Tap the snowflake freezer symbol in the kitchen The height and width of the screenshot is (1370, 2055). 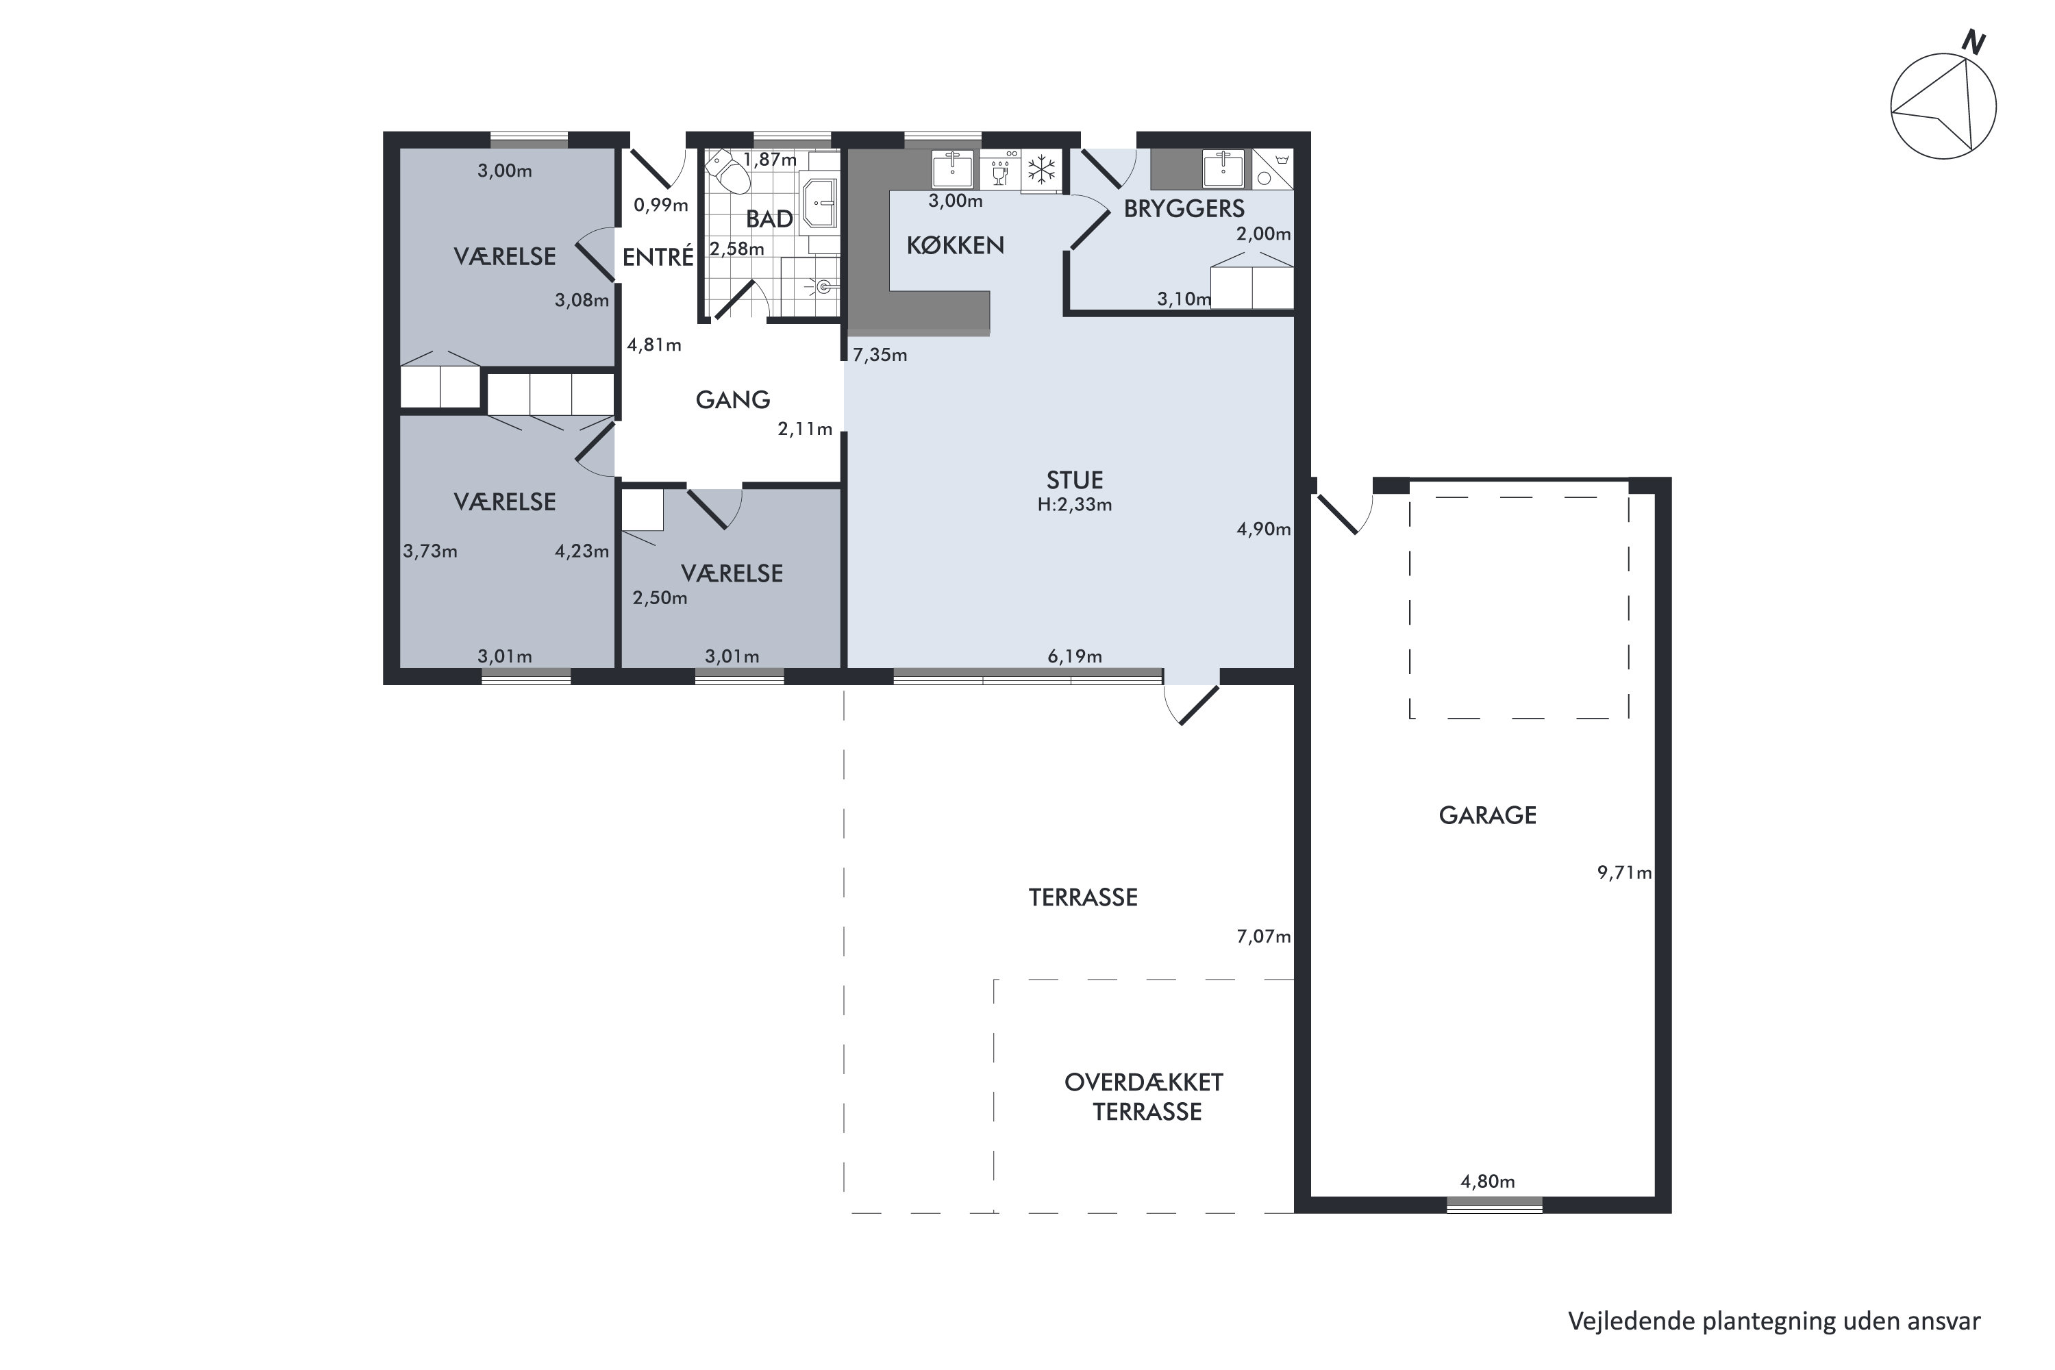pyautogui.click(x=1041, y=169)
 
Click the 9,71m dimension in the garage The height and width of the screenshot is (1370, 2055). pyautogui.click(x=1624, y=872)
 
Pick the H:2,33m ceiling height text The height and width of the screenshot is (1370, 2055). pyautogui.click(x=1075, y=504)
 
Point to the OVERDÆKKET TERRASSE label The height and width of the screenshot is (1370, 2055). pyautogui.click(x=1145, y=1097)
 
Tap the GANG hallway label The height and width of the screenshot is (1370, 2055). pyautogui.click(x=732, y=400)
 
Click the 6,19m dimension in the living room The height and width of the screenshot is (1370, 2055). pyautogui.click(x=1075, y=656)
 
